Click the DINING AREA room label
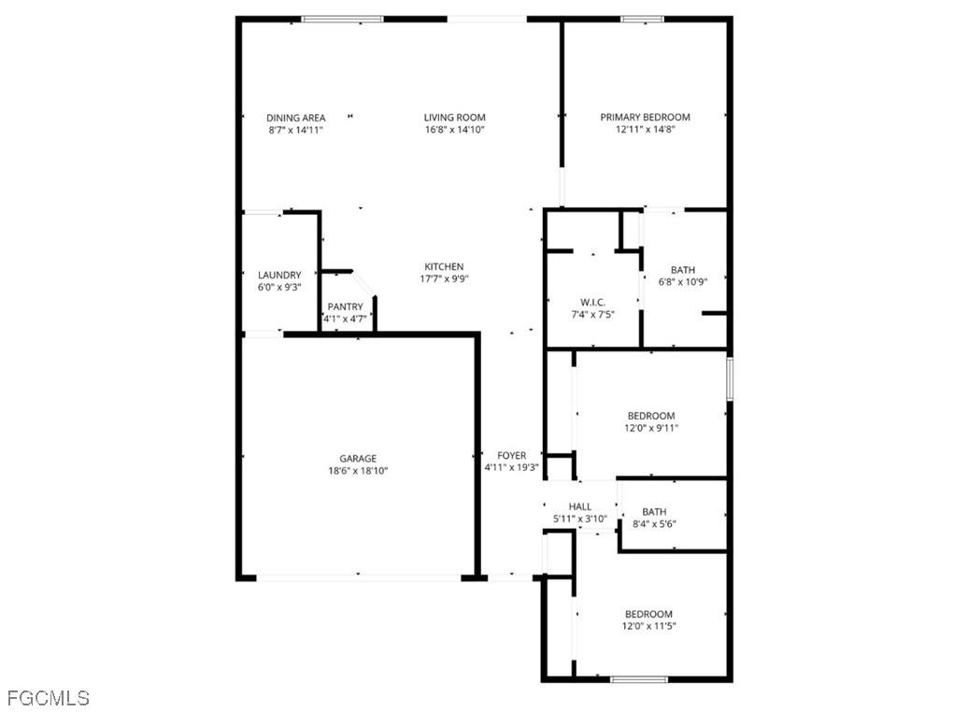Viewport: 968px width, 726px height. [x=296, y=118]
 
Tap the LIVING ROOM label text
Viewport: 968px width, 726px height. [x=455, y=118]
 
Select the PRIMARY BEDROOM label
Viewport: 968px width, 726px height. [x=645, y=118]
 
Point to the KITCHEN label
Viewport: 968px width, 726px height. [x=444, y=267]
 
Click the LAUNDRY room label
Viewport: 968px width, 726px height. [x=279, y=276]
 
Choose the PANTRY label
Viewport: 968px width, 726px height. [x=345, y=307]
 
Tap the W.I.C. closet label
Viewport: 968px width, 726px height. [x=592, y=303]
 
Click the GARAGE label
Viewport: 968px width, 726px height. [x=358, y=459]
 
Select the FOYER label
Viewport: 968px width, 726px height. [x=512, y=456]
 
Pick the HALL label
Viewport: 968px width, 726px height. [x=580, y=507]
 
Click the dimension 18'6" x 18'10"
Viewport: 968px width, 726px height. [x=358, y=471]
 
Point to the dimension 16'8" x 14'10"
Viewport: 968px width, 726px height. [x=455, y=130]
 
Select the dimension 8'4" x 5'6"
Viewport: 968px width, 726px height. [x=653, y=524]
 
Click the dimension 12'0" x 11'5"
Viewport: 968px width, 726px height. [x=648, y=626]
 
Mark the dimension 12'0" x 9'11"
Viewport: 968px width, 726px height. [x=650, y=428]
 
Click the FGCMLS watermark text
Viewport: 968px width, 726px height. [x=48, y=698]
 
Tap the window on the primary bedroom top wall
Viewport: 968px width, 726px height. [x=642, y=19]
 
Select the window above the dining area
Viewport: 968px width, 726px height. [x=342, y=19]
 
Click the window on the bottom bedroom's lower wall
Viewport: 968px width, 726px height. [x=638, y=678]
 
